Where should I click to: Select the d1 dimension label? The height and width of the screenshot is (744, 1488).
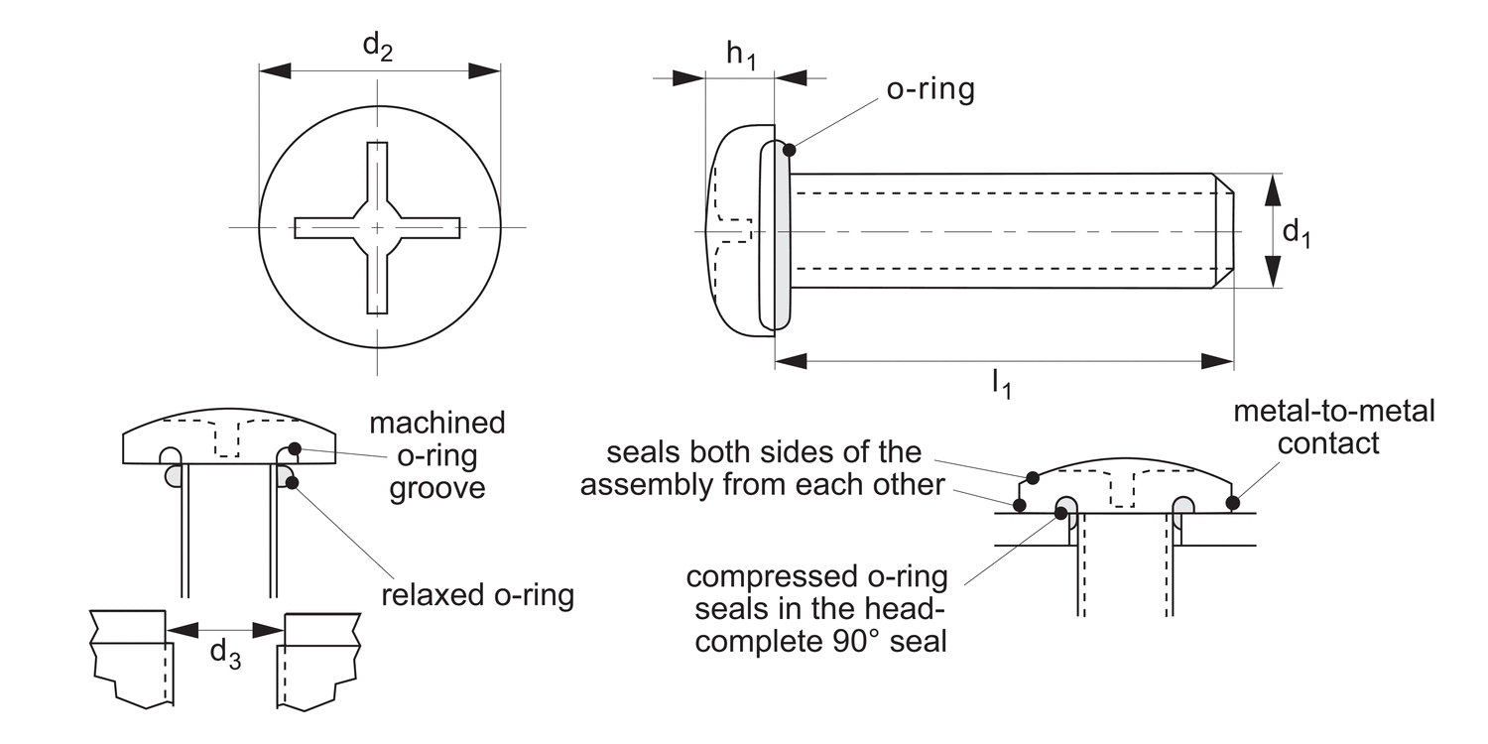coord(1297,233)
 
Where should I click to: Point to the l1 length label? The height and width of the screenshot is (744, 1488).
coord(1001,384)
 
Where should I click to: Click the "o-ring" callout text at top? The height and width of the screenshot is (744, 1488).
coord(930,89)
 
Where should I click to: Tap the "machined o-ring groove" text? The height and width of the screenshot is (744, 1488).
coord(436,455)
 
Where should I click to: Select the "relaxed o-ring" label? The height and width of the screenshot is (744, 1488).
coord(477,596)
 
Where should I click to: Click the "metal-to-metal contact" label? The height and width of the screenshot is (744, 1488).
coord(1333,427)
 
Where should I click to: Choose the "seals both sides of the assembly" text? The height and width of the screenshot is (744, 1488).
coord(751,469)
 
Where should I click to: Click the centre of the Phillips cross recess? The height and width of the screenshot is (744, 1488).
coord(378,228)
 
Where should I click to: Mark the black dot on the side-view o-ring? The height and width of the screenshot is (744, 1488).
coord(790,150)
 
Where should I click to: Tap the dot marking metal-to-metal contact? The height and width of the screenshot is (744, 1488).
coord(1232,503)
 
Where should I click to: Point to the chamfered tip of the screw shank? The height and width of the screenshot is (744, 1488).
coord(1224,231)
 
